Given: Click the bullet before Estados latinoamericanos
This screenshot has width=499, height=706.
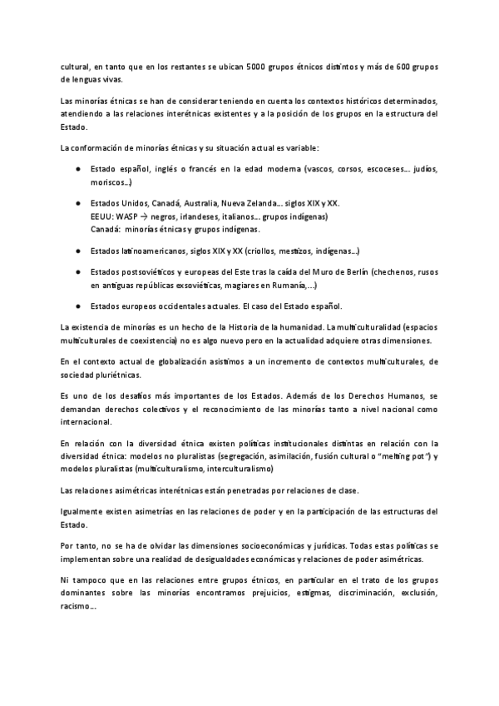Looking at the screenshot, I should coord(77,250).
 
